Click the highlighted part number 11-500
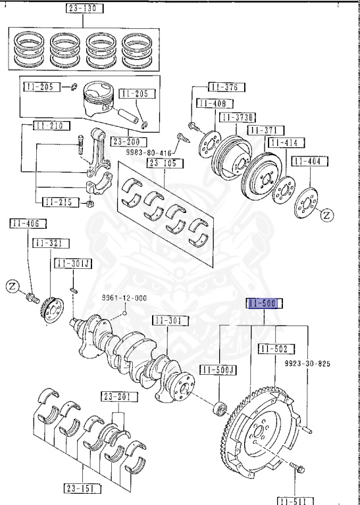[x=264, y=304]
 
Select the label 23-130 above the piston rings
[x=82, y=9]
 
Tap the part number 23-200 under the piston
[x=129, y=141]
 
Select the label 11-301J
[x=74, y=263]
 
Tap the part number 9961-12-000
[x=124, y=297]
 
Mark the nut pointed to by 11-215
[x=88, y=206]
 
